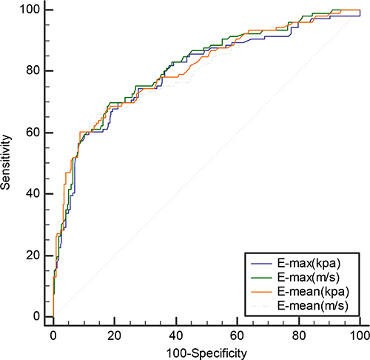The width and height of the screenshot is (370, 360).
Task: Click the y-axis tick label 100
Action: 30,10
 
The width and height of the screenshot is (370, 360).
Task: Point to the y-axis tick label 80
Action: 33,70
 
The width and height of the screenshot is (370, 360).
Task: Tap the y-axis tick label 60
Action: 33,132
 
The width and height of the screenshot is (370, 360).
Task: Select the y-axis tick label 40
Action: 33,193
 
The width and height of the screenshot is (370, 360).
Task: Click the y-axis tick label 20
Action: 33,255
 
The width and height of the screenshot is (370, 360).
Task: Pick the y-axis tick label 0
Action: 36,316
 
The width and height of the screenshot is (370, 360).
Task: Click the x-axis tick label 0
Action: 53,336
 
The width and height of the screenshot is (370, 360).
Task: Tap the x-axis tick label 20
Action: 114,336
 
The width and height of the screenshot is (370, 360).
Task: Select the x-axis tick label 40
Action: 176,336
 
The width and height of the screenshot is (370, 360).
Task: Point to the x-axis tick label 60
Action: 237,336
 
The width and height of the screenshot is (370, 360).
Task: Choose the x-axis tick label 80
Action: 299,336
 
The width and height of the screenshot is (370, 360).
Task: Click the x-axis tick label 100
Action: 360,336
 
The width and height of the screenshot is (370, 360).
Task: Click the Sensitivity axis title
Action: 5,162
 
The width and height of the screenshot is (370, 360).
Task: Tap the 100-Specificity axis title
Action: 206,353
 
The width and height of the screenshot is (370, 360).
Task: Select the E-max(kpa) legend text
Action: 309,264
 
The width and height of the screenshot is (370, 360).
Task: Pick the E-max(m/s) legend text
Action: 309,278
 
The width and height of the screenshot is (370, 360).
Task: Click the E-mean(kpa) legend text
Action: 313,292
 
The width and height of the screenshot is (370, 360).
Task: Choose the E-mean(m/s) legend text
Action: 313,306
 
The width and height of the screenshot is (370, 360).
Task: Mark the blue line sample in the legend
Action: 261,264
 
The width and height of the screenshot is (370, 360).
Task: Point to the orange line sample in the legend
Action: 261,292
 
